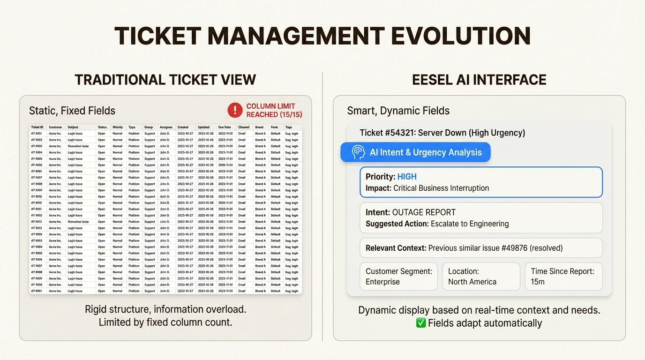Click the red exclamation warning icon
[x=235, y=110]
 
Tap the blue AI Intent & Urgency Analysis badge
[x=415, y=152]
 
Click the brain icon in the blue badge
[x=358, y=152]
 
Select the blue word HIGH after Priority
[x=407, y=177]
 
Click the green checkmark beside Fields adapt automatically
[x=420, y=323]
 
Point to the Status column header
[x=102, y=127]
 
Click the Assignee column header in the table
[x=165, y=127]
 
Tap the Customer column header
[x=55, y=127]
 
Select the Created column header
[x=183, y=127]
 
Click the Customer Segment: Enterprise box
[x=398, y=277]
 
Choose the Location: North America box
[x=481, y=277]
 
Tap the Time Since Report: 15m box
[x=563, y=277]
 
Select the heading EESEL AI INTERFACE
[x=479, y=80]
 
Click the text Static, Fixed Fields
[x=72, y=111]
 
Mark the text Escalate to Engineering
[x=470, y=224]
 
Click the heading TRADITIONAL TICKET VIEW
[x=165, y=80]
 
